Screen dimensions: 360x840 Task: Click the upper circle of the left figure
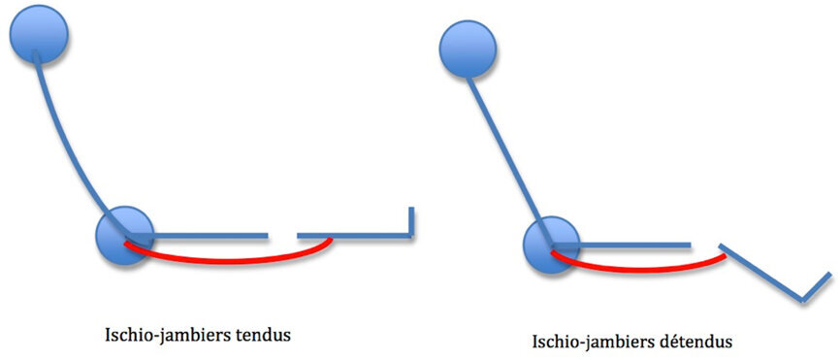pos(39,36)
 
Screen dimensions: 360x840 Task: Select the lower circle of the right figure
pos(551,245)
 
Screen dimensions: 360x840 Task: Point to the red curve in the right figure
pos(640,266)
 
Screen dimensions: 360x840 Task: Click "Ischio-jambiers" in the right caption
pos(592,342)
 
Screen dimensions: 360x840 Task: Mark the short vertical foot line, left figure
pos(412,221)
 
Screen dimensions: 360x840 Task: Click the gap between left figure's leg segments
pos(282,234)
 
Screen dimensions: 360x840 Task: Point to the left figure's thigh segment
pos(209,234)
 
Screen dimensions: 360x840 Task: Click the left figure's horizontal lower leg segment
pos(354,234)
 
